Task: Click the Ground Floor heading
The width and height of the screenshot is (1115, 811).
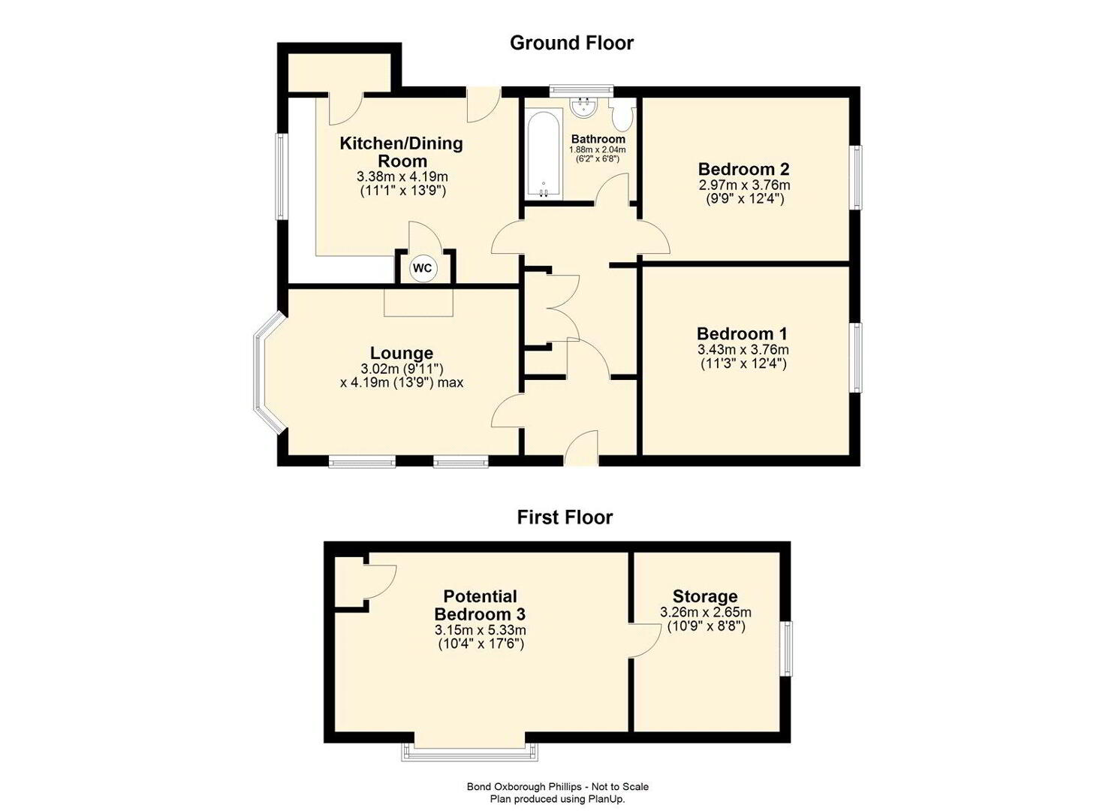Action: pyautogui.click(x=571, y=44)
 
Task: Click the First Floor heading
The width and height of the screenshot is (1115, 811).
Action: pyautogui.click(x=565, y=517)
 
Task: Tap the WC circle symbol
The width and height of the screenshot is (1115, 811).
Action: pyautogui.click(x=423, y=268)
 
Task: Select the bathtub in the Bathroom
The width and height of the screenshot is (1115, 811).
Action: pyautogui.click(x=543, y=155)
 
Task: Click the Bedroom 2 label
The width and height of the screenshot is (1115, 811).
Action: pyautogui.click(x=743, y=169)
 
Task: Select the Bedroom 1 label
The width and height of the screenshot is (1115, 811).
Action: pyautogui.click(x=743, y=333)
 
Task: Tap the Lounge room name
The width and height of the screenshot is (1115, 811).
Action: pyautogui.click(x=401, y=353)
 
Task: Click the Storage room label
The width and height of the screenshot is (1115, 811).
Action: pyautogui.click(x=705, y=596)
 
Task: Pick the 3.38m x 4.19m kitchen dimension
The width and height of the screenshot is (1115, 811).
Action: pyautogui.click(x=402, y=176)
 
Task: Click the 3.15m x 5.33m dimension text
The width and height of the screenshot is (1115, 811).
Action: pyautogui.click(x=481, y=630)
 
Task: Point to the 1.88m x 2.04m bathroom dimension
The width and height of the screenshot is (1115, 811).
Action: pyautogui.click(x=598, y=150)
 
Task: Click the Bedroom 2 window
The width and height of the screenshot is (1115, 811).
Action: pyautogui.click(x=857, y=177)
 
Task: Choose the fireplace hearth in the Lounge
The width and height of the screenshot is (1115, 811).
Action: pyautogui.click(x=419, y=302)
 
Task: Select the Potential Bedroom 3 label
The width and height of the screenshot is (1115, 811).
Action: pyautogui.click(x=481, y=604)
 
